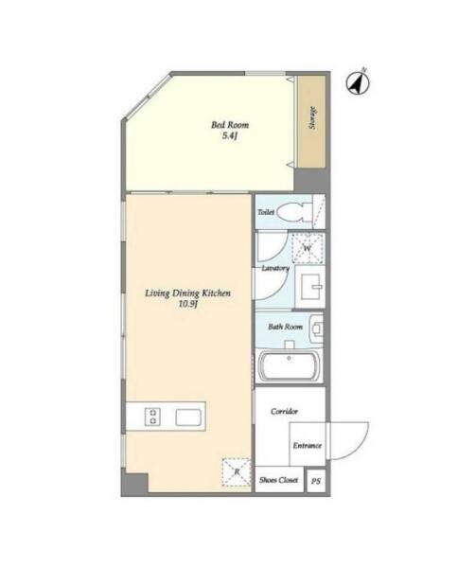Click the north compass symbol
358,82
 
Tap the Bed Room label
230,125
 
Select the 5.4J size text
230,136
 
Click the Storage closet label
312,118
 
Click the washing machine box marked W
308,248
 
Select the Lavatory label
275,269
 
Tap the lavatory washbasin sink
310,286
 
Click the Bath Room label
285,327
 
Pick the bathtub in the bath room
290,365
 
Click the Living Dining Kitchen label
188,293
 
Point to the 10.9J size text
187,304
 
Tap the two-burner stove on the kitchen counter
152,417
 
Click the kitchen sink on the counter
188,417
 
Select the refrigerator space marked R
237,471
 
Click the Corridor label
284,412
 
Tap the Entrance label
308,446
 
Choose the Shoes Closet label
279,480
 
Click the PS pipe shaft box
316,482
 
